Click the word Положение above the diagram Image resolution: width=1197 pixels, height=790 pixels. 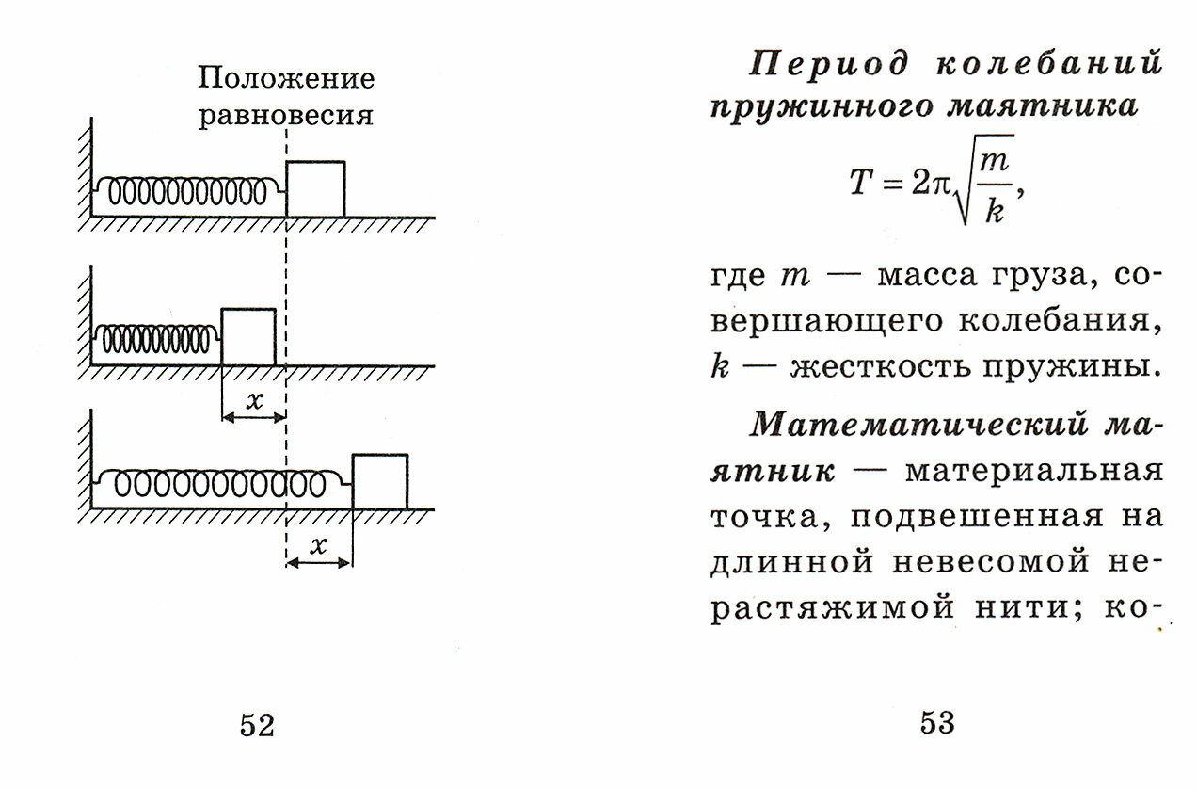click(x=286, y=78)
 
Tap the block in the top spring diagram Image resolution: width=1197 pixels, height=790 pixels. click(x=315, y=189)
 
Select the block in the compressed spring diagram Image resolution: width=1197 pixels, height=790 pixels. click(x=248, y=337)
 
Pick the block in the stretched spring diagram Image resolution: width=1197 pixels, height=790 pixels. click(x=380, y=482)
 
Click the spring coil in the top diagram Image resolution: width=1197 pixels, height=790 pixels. click(x=186, y=192)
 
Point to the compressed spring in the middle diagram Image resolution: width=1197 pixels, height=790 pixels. click(x=157, y=338)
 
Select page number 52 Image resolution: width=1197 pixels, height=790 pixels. click(x=257, y=725)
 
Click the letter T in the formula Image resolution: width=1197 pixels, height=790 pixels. click(x=863, y=183)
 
